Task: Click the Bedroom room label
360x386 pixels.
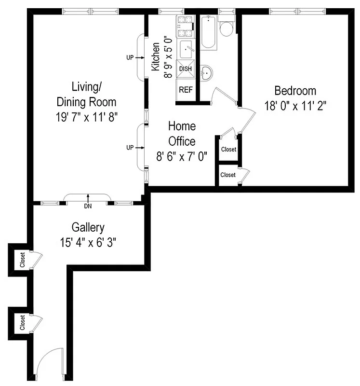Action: pos(295,90)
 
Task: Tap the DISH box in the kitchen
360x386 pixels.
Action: pos(185,69)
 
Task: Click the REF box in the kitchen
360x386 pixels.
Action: pos(185,90)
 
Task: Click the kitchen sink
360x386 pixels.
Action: pos(186,49)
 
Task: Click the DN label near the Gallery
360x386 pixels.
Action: pos(88,206)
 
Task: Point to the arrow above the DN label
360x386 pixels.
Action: pos(88,197)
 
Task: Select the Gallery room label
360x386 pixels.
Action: pos(88,227)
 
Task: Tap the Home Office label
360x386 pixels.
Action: pos(182,134)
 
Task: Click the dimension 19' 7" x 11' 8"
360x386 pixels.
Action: pos(87,117)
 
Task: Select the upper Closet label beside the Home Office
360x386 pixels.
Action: pos(228,150)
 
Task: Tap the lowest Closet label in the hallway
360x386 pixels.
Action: pos(22,322)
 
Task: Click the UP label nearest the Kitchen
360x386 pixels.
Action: pos(130,57)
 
